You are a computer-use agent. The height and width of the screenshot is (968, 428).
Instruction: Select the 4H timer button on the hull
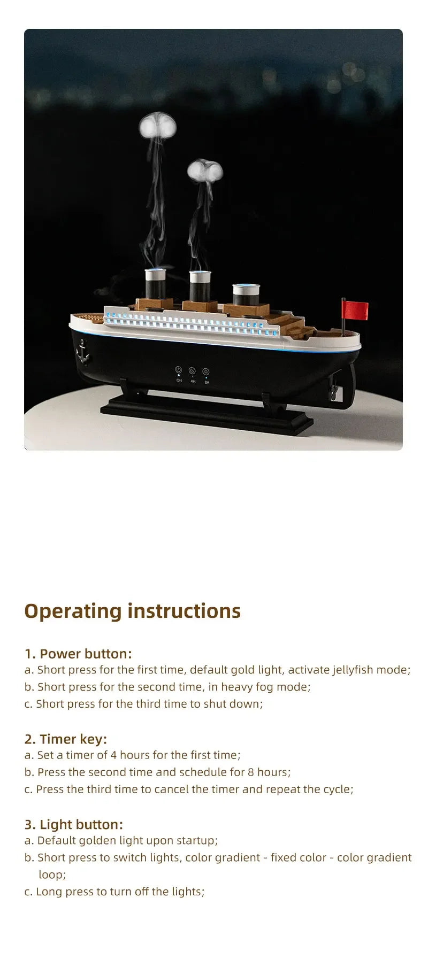(x=192, y=371)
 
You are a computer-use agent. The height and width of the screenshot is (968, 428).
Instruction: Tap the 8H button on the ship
(x=206, y=372)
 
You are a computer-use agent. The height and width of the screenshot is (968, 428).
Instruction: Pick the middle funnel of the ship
(x=200, y=286)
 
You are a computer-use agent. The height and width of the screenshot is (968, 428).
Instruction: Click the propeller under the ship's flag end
(x=334, y=394)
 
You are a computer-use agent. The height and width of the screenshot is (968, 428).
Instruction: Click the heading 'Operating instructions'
(x=132, y=611)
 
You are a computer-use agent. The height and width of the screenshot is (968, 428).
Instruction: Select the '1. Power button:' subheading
(x=78, y=654)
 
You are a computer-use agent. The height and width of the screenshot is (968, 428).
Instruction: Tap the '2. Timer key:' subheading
(x=66, y=739)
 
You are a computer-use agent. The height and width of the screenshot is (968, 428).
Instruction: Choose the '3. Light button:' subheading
(x=74, y=824)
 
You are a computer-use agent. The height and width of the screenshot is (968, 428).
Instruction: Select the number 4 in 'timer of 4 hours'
(x=113, y=755)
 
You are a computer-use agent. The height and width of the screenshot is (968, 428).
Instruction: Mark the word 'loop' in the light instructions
(x=51, y=874)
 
